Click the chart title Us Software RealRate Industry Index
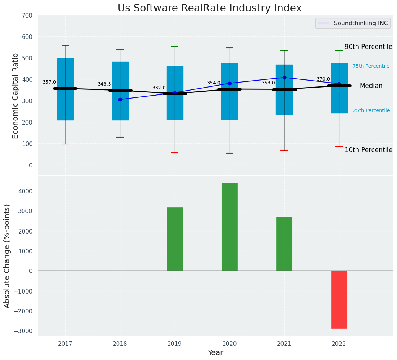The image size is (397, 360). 209,8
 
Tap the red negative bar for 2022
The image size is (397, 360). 339,300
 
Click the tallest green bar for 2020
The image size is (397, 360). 229,227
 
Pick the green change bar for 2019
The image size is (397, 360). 175,239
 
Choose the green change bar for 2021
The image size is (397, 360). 284,244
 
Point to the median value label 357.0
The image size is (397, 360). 49,82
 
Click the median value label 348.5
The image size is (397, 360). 104,84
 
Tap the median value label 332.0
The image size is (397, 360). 159,88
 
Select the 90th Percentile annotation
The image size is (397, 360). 368,47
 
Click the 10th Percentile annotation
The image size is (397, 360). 368,150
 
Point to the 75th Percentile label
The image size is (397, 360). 371,66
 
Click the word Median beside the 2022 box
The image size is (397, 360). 371,86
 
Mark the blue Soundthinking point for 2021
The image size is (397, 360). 284,78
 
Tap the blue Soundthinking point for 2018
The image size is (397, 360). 120,99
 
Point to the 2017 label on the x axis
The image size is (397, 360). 65,344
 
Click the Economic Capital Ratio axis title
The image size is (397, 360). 16,96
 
